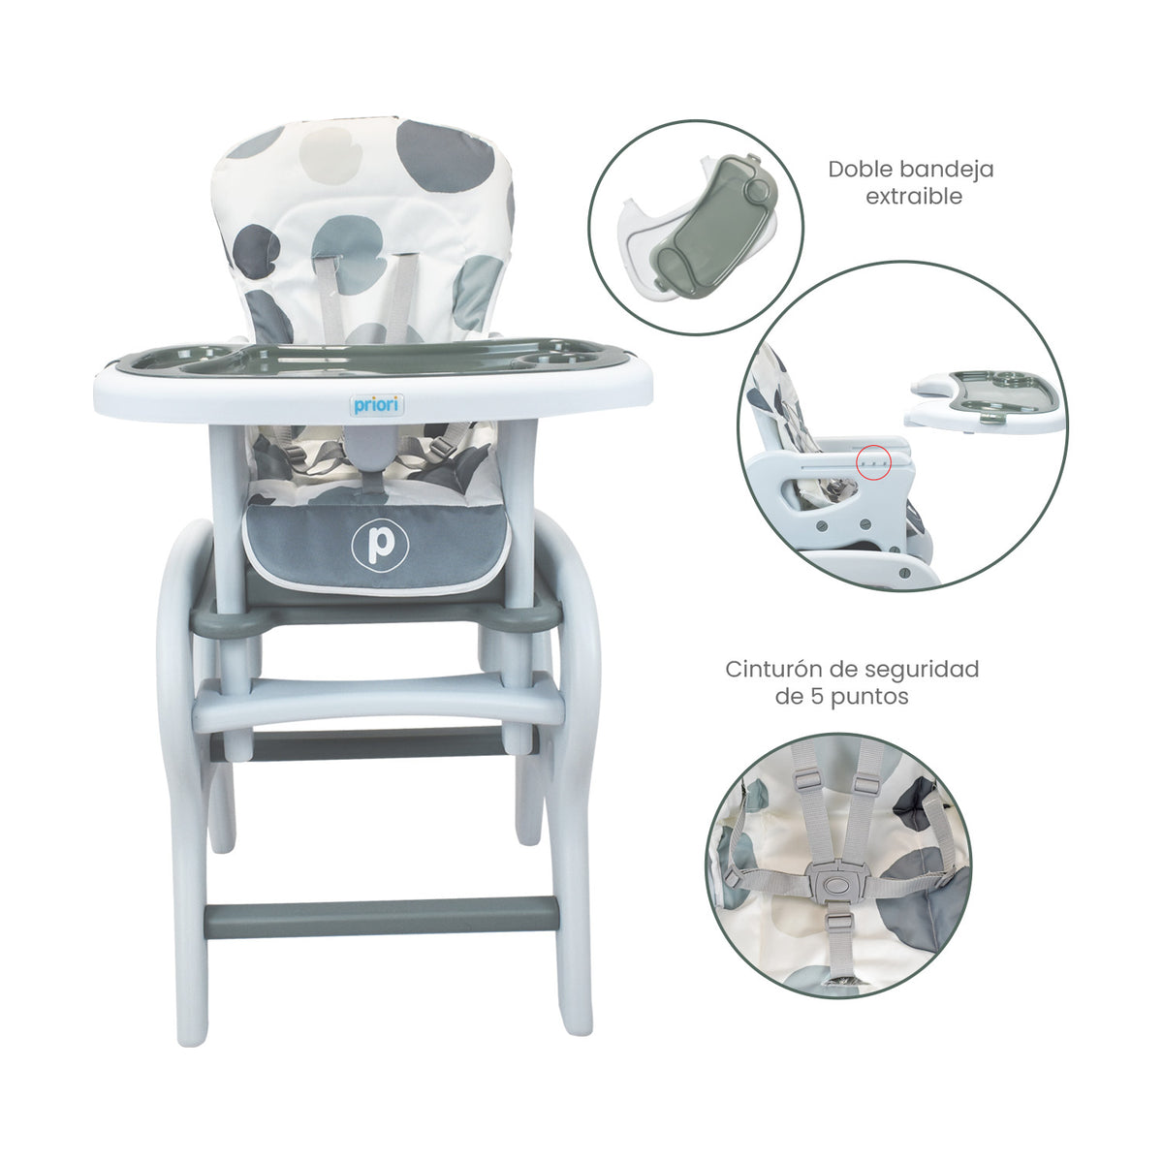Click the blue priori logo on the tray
[377, 405]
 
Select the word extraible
[914, 196]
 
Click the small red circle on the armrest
[873, 462]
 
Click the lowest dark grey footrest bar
[380, 922]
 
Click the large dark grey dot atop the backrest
[446, 155]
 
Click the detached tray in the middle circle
[983, 402]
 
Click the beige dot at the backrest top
[330, 155]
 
